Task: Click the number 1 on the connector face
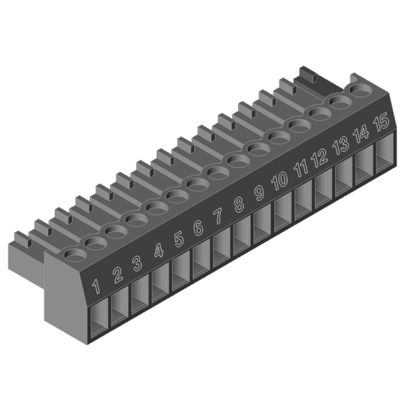click(96, 286)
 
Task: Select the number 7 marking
click(218, 216)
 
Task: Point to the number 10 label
click(279, 180)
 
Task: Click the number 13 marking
click(341, 146)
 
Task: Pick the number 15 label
click(381, 122)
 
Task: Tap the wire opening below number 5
click(180, 271)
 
